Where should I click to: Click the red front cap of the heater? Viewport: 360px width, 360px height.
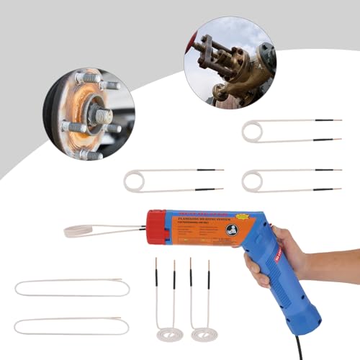coord(156,228)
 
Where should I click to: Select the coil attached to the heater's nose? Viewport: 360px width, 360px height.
coord(90,231)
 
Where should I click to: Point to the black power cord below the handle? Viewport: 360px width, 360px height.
coord(297,348)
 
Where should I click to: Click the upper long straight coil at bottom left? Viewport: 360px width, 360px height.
coord(72,288)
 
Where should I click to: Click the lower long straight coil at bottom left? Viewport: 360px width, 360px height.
coord(72,325)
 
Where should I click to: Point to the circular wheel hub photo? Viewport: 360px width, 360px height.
coord(88,114)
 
